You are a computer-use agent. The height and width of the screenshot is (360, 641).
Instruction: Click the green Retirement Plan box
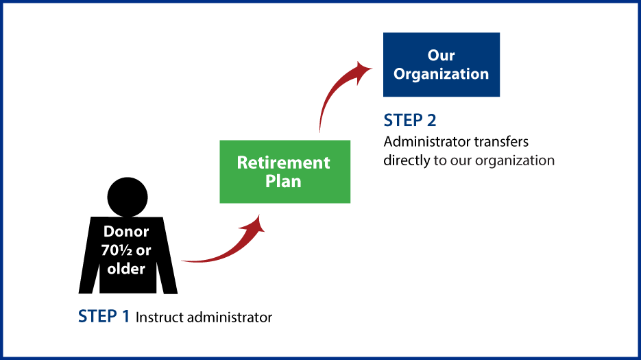pyautogui.click(x=285, y=172)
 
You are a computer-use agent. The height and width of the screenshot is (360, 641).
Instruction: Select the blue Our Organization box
pyautogui.click(x=442, y=64)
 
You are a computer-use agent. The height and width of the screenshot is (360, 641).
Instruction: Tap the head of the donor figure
pyautogui.click(x=128, y=197)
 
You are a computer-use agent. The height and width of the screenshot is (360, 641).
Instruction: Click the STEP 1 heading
pyautogui.click(x=104, y=316)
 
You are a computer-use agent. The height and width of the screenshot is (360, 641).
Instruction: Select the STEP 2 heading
pyautogui.click(x=409, y=120)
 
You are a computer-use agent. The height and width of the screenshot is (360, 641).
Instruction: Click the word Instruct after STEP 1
pyautogui.click(x=160, y=317)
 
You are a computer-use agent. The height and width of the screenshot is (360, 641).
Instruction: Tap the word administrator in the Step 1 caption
pyautogui.click(x=230, y=317)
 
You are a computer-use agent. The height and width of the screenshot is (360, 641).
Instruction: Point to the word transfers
pyautogui.click(x=500, y=142)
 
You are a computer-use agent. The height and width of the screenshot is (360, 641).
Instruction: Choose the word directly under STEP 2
pyautogui.click(x=407, y=160)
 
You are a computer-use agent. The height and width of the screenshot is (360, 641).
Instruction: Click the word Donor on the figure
pyautogui.click(x=126, y=232)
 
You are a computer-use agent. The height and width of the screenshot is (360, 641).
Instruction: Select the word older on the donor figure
pyautogui.click(x=126, y=269)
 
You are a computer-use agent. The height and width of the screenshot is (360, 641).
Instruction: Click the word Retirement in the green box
pyautogui.click(x=283, y=163)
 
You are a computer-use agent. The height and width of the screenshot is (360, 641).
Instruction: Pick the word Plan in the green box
pyautogui.click(x=283, y=181)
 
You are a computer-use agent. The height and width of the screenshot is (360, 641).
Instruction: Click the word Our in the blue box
pyautogui.click(x=441, y=56)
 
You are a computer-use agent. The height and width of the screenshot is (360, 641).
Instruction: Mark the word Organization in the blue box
pyautogui.click(x=441, y=74)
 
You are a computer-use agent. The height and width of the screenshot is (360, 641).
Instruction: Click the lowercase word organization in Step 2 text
pyautogui.click(x=515, y=160)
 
